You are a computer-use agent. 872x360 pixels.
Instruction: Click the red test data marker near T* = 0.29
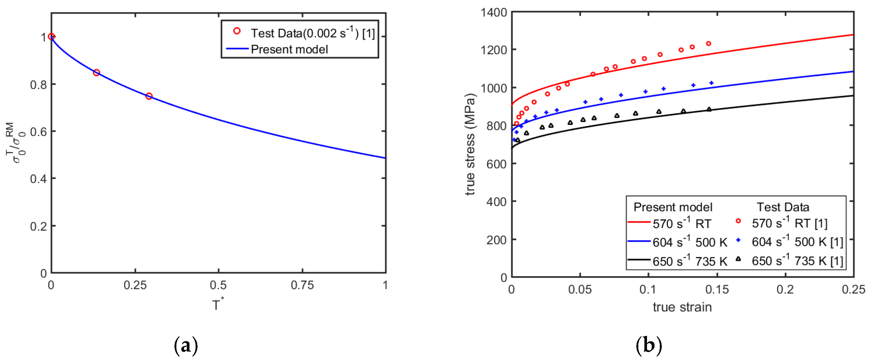(x=149, y=96)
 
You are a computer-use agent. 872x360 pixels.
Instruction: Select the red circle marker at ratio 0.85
(x=96, y=73)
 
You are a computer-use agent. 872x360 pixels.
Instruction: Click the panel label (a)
(x=185, y=346)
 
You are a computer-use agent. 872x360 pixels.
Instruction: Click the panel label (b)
(x=648, y=346)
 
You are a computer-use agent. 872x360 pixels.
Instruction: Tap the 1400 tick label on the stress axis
(x=494, y=13)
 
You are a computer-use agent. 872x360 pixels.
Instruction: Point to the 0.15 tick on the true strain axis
(x=717, y=290)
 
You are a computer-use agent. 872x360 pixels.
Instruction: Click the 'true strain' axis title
(x=682, y=307)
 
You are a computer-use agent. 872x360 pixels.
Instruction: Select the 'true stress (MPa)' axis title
(x=470, y=144)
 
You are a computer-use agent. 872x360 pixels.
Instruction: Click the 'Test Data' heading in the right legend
(x=783, y=207)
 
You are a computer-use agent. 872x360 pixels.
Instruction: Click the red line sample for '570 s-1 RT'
(x=639, y=222)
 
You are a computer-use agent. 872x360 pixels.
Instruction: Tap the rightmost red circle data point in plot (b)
(x=708, y=44)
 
